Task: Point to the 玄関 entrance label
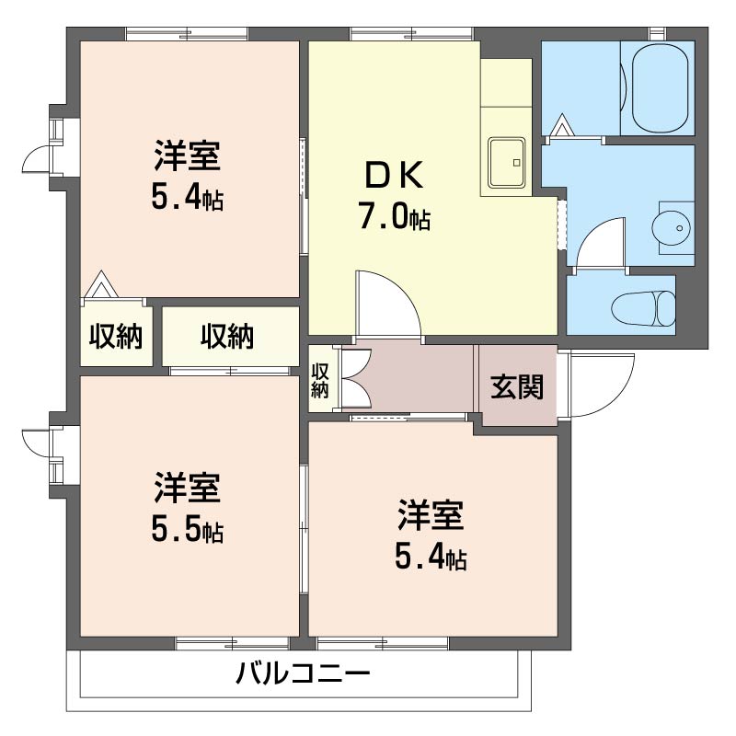516,387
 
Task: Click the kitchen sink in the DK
504,163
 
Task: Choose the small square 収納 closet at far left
115,337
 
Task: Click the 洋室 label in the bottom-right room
431,516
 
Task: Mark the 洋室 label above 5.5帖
188,489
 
